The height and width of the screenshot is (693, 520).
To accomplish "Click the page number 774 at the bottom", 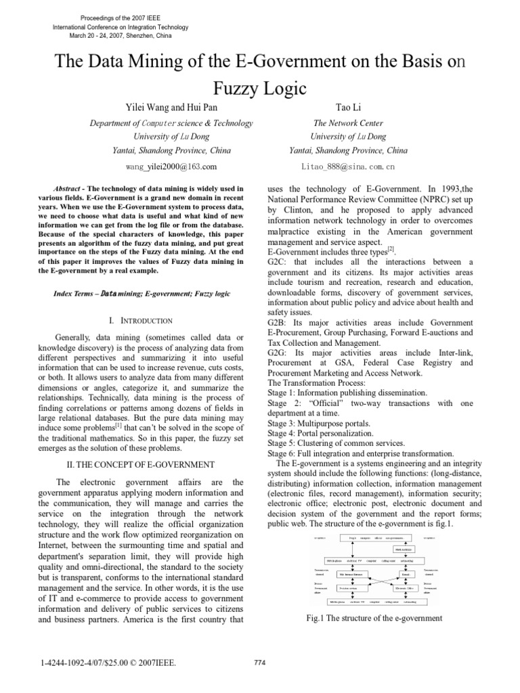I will (x=257, y=663).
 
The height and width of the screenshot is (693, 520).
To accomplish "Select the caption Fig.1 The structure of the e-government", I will (x=374, y=618).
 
